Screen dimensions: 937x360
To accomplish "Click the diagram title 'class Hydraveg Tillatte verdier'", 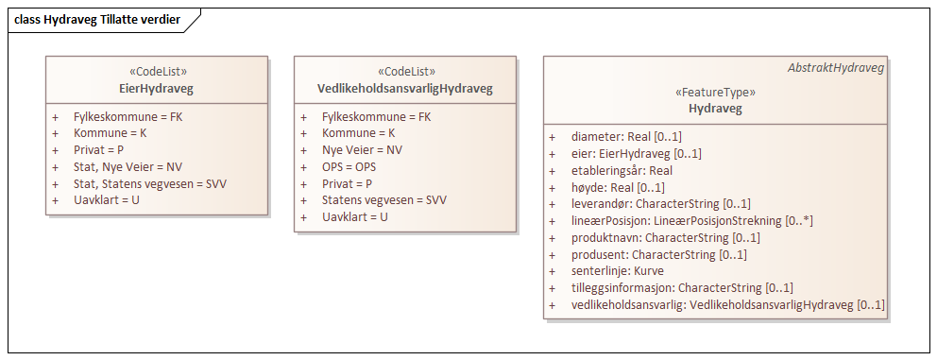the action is click(x=98, y=19).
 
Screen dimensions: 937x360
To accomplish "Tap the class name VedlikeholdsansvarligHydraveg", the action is click(x=405, y=89).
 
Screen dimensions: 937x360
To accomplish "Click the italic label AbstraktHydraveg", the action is click(x=835, y=68).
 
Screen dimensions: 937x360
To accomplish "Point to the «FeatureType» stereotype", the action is click(x=715, y=93).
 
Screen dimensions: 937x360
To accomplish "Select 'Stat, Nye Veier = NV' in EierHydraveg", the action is click(x=128, y=166).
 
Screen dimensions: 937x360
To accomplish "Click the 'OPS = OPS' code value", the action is click(x=349, y=166).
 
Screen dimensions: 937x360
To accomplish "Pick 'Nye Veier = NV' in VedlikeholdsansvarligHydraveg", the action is click(x=362, y=149).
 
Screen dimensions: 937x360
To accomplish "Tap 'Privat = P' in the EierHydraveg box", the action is click(x=99, y=149).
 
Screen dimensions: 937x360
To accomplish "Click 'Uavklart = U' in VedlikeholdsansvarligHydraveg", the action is click(x=355, y=216).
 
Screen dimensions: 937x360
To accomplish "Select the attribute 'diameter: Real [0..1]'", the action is click(x=626, y=137).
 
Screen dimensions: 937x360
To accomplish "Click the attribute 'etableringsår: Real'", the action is click(x=622, y=170).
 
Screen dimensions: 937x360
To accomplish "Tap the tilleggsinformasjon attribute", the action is click(x=682, y=288).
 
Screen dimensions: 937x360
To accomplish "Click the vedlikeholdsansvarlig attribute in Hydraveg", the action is click(x=727, y=305).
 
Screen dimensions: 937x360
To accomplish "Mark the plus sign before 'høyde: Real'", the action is click(x=552, y=187).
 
